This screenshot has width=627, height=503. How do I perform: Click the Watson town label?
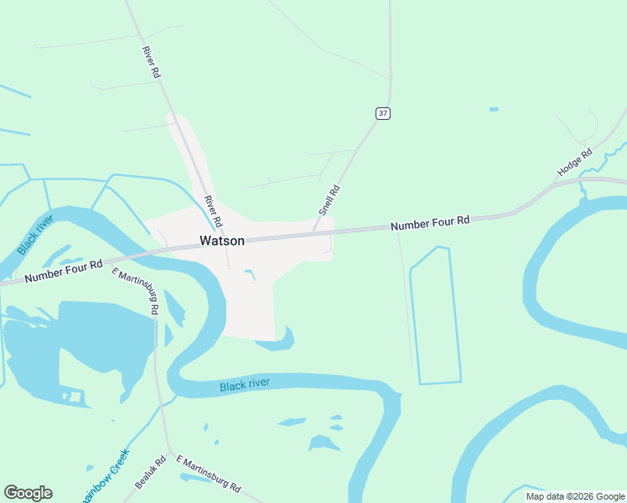(x=222, y=241)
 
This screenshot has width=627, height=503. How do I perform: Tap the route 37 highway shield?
(x=382, y=113)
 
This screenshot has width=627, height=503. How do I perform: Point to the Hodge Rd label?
(x=575, y=163)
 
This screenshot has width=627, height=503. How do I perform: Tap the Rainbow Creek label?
(x=106, y=474)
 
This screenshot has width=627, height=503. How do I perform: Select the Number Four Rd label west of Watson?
(x=64, y=272)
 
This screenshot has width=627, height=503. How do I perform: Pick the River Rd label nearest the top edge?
(x=151, y=62)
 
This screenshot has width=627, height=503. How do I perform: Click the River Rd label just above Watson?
(x=213, y=211)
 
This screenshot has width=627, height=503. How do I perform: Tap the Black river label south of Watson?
(x=245, y=385)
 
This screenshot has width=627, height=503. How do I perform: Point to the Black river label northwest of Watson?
(x=35, y=235)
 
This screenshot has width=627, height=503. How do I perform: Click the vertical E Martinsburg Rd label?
(x=137, y=292)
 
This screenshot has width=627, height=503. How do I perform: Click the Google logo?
(x=28, y=493)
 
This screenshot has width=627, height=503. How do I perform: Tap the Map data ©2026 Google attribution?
(x=576, y=496)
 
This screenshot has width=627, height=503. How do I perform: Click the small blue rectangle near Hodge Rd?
(x=494, y=109)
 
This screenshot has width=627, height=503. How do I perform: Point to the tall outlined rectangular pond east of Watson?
(x=435, y=316)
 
